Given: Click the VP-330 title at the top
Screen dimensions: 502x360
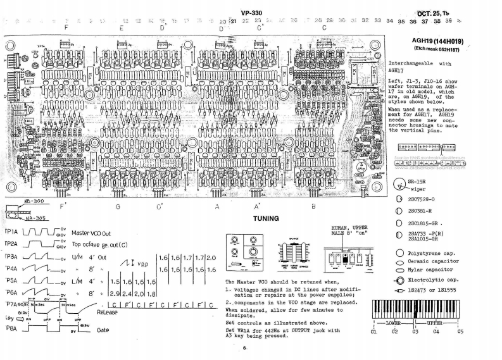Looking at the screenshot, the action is point(252,13).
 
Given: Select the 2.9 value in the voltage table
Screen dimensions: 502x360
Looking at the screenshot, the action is point(115,294).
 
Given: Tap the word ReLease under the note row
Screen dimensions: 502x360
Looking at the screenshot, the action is point(110,313).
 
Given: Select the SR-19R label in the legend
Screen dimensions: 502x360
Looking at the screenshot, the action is point(418,181).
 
